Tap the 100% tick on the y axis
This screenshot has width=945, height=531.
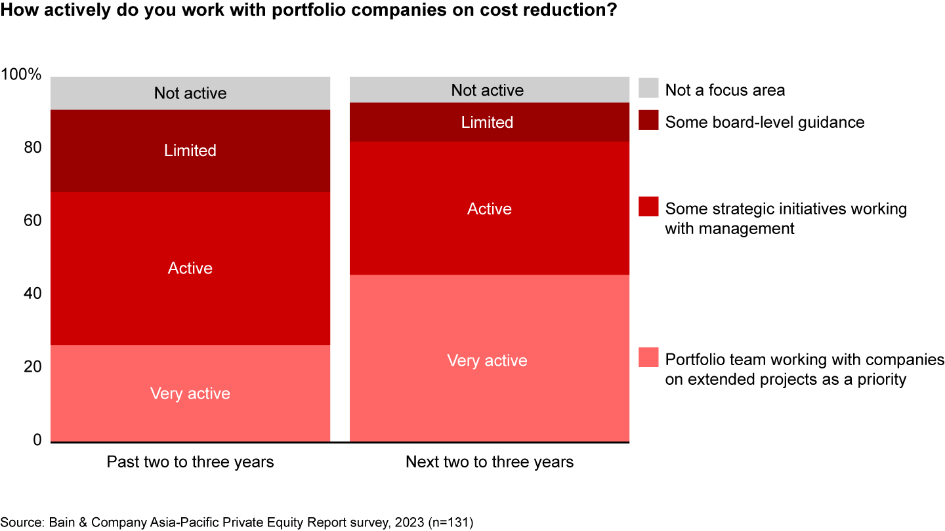(22, 75)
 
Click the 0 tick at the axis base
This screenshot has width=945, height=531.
(37, 440)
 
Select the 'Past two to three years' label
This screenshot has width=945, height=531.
(190, 462)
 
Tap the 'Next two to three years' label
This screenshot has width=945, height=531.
(490, 462)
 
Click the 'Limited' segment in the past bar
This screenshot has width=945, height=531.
(190, 151)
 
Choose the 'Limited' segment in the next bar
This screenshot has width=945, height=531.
(487, 123)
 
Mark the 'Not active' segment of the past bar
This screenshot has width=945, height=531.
(190, 93)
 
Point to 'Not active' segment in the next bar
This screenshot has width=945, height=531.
(488, 90)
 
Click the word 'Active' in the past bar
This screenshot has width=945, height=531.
(190, 268)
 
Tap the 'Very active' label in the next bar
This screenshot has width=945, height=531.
(487, 361)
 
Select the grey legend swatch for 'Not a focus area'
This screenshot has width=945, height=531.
(648, 88)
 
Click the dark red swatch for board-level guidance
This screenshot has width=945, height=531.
(648, 121)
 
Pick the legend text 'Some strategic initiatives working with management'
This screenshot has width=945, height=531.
(786, 218)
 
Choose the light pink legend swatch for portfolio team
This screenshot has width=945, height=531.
(648, 358)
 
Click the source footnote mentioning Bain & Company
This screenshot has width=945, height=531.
(237, 522)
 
